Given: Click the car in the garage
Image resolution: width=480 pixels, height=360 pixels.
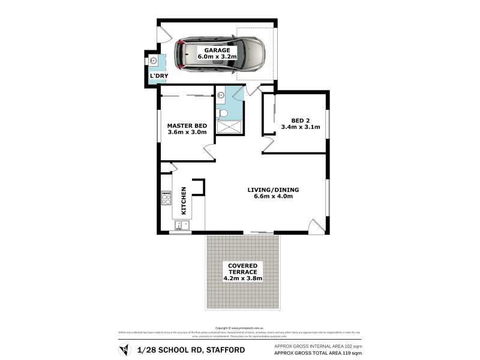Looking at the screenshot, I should [219, 54].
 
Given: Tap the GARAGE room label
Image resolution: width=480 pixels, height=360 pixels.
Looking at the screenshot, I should [218, 50].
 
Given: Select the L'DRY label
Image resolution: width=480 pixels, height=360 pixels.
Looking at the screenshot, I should [159, 75].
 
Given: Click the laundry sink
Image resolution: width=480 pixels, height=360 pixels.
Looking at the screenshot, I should [153, 60].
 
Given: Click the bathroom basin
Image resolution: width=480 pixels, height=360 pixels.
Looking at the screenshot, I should [220, 95].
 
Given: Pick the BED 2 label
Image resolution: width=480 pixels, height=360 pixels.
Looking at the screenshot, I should [301, 119].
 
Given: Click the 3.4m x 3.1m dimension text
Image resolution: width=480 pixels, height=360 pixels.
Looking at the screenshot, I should [301, 127].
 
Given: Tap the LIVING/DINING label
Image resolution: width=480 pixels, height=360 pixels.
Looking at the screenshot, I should [273, 190].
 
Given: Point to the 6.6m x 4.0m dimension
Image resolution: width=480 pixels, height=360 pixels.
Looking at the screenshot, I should [273, 197].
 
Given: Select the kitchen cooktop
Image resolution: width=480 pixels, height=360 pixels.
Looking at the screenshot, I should [166, 197].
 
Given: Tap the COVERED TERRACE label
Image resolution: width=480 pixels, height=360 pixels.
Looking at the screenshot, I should [242, 269].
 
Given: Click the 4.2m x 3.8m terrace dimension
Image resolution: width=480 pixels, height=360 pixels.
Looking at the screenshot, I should [242, 278].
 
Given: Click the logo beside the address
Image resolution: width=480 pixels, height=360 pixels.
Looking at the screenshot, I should [124, 349].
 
